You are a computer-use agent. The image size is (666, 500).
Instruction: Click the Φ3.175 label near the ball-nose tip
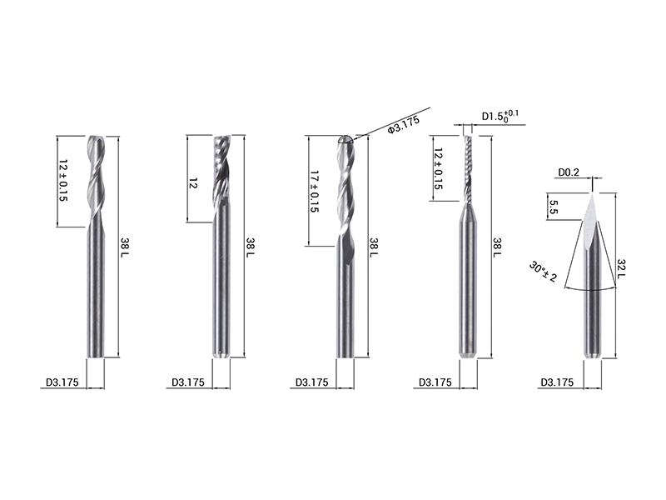click(404, 124)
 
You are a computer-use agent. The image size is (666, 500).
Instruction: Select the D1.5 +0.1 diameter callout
click(500, 116)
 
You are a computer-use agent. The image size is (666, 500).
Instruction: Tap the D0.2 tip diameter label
click(569, 172)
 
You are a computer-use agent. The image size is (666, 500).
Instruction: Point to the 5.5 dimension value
click(553, 207)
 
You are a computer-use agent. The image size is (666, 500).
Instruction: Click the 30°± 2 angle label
click(543, 272)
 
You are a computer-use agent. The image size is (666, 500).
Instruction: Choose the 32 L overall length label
click(621, 269)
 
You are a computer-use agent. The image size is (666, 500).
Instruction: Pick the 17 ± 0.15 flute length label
click(315, 192)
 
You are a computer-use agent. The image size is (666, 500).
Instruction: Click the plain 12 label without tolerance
click(192, 183)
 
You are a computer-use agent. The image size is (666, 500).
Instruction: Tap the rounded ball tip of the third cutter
click(345, 139)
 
